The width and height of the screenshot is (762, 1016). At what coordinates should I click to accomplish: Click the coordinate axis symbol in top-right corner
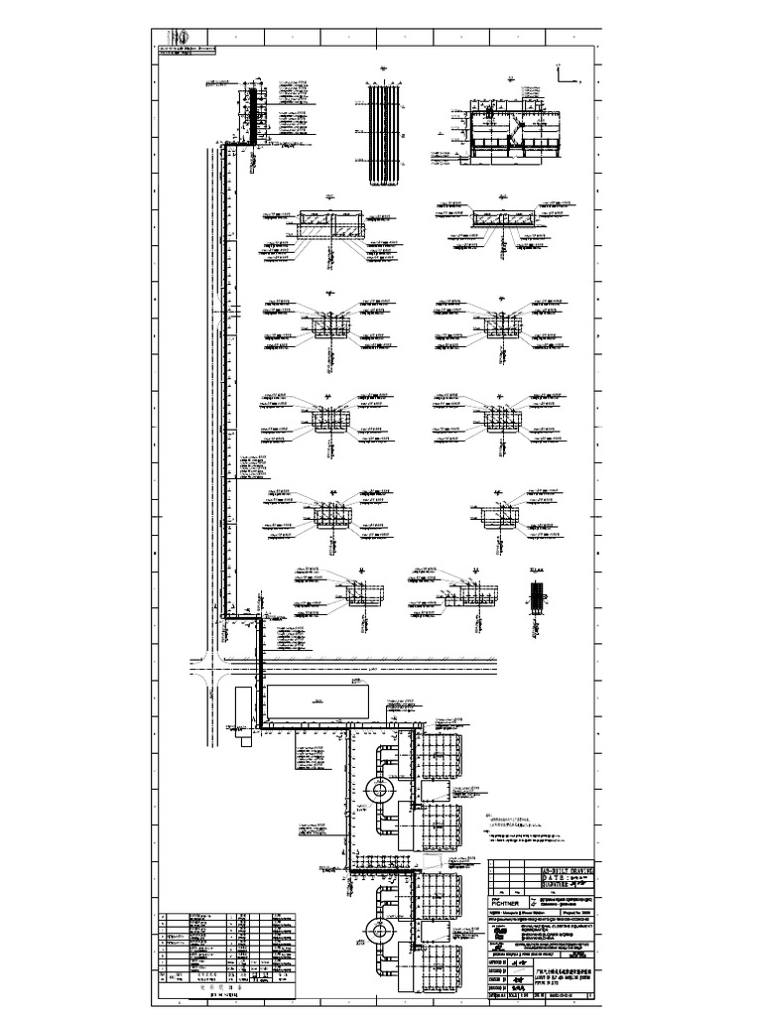pos(563,75)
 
